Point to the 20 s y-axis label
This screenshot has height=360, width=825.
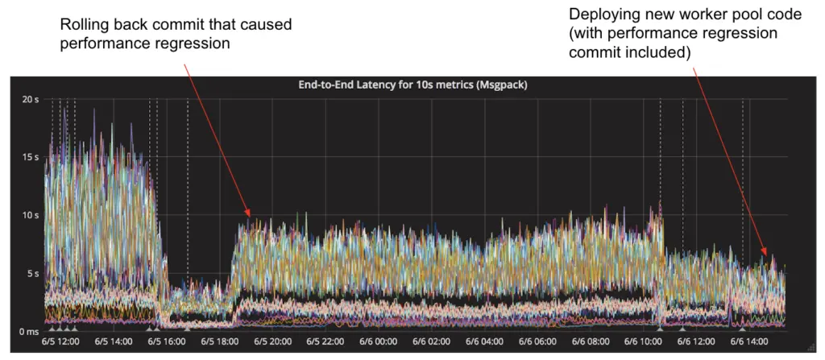(30, 99)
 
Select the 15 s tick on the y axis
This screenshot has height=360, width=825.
(30, 157)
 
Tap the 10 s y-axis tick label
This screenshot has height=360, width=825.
(30, 215)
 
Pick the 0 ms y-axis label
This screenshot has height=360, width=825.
(30, 331)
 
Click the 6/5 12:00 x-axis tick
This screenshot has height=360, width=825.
(61, 341)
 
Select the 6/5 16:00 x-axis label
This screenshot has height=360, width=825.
(167, 341)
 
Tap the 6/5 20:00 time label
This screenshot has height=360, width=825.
(272, 341)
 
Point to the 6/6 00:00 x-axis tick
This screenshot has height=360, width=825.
(378, 341)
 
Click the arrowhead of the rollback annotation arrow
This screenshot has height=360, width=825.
(250, 216)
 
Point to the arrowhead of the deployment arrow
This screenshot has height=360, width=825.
(765, 257)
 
